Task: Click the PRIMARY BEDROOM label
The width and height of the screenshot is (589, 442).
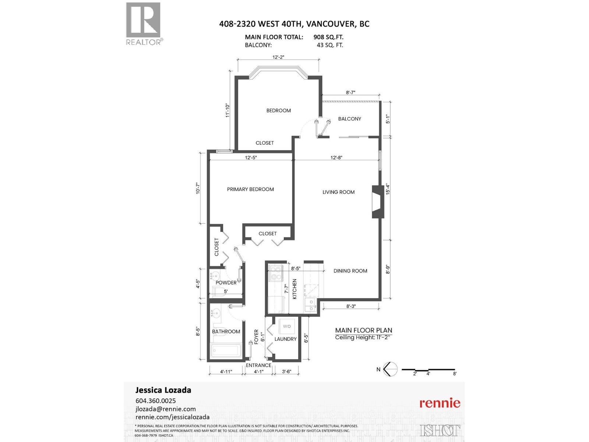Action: (250, 189)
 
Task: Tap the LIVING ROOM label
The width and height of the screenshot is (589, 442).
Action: (338, 192)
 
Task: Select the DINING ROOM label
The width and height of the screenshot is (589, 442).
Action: (350, 271)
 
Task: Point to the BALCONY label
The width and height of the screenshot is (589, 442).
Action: (349, 119)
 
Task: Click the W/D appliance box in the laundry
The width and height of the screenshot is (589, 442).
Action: (287, 326)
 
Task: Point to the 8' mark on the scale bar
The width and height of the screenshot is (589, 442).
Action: (455, 373)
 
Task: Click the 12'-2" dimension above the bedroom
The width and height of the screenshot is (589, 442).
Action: (278, 57)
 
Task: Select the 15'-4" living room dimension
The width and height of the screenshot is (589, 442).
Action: (387, 189)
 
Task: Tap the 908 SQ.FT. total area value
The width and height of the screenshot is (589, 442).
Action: (328, 37)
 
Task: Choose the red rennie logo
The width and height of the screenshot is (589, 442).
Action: (440, 403)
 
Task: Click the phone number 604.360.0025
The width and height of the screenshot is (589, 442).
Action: (156, 401)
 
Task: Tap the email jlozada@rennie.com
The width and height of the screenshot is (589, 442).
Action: (166, 409)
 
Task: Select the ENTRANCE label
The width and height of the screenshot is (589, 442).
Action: (258, 365)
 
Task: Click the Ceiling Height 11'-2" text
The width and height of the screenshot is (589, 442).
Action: (363, 337)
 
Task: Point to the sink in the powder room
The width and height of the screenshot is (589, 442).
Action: (215, 276)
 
